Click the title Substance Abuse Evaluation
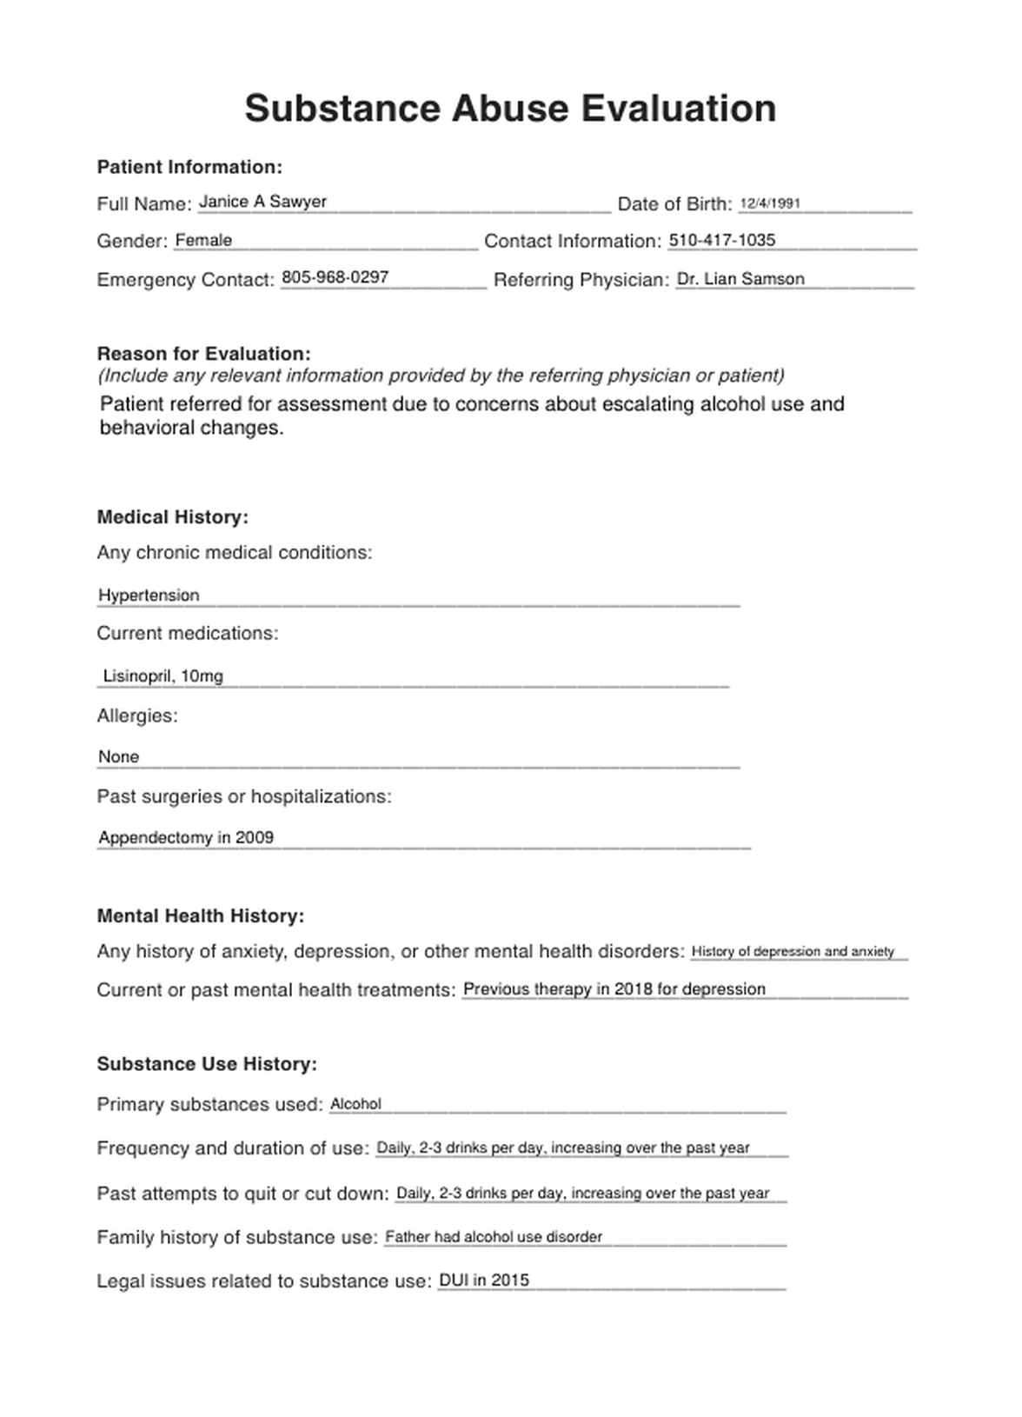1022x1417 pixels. [510, 109]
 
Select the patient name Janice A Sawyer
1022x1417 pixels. [262, 202]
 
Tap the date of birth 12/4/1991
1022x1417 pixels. [770, 203]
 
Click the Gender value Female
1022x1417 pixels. [203, 241]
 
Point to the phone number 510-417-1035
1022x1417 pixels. [721, 241]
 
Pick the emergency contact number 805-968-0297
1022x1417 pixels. [335, 277]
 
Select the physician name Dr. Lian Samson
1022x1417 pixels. [740, 279]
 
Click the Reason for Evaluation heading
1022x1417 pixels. [203, 354]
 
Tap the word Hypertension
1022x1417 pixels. [149, 595]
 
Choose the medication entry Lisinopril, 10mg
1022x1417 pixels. [163, 675]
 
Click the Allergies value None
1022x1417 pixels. [118, 757]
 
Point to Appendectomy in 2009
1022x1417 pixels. [186, 837]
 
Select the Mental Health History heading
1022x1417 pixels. [200, 916]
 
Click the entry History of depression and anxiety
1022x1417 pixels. [793, 952]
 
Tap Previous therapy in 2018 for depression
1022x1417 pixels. [614, 989]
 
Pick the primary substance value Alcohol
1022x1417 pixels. [355, 1104]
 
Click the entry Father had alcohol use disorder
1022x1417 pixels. [494, 1237]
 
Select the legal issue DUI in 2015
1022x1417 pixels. [484, 1281]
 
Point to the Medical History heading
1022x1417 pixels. [172, 517]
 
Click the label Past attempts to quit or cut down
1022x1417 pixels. [242, 1194]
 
